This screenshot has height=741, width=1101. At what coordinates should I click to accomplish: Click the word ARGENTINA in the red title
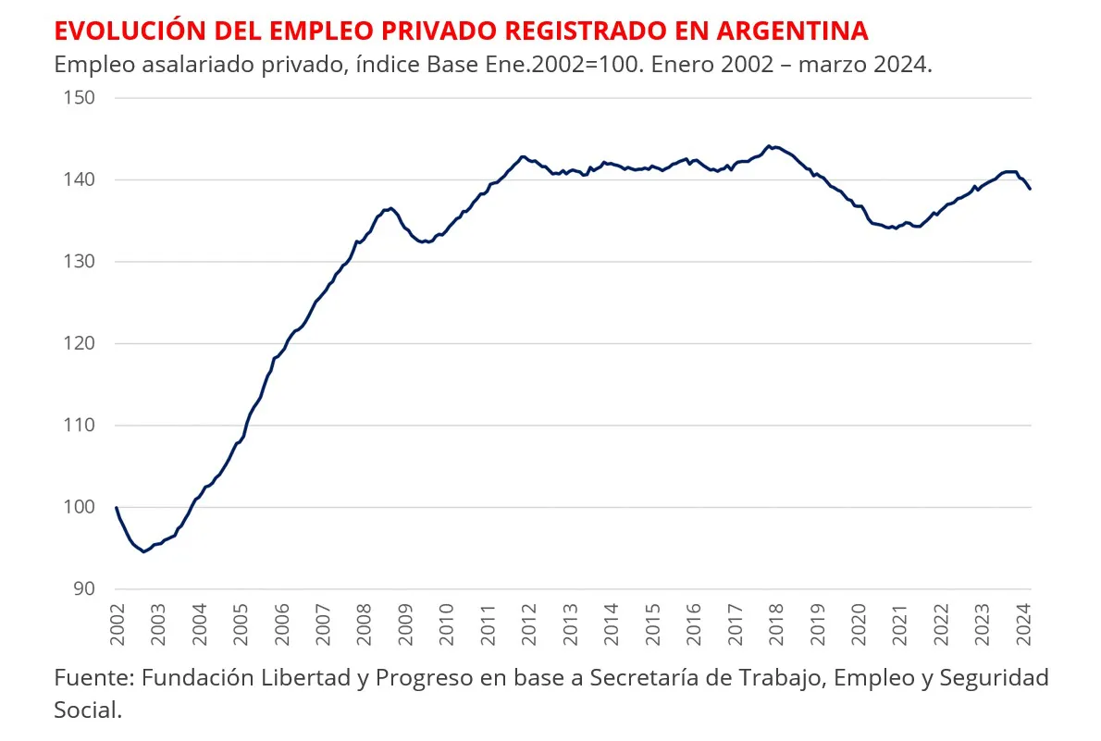(x=793, y=31)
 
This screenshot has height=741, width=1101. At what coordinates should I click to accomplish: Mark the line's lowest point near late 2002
(x=142, y=551)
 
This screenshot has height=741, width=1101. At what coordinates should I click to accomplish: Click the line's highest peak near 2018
(x=769, y=146)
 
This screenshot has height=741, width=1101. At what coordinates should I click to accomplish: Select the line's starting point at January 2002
(x=117, y=507)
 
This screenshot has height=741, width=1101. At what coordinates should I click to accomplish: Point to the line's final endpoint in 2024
(x=1031, y=189)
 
